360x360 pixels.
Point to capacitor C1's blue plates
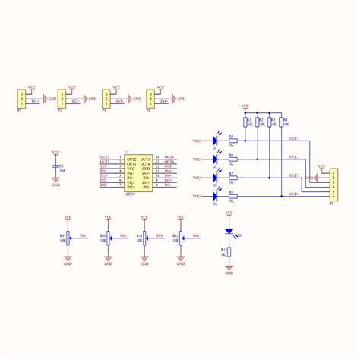[x=55, y=166]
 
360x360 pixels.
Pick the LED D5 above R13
[x=230, y=235]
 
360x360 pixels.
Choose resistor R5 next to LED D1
[x=232, y=141]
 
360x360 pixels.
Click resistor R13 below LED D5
[x=230, y=252]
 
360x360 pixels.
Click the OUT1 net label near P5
[x=295, y=138]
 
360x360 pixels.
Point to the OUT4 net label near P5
[x=295, y=195]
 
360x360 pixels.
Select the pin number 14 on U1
[x=156, y=158]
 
